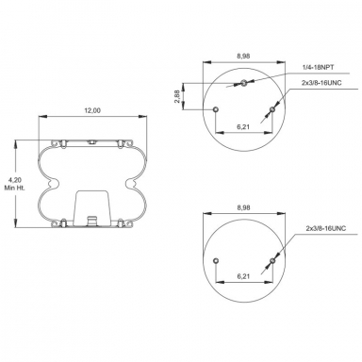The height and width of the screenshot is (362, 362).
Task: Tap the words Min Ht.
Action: (x=11, y=189)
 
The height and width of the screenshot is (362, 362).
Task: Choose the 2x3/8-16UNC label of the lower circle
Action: (x=325, y=229)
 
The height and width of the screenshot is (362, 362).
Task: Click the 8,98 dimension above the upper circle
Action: (x=243, y=57)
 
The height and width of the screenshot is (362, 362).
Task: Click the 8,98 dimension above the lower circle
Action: (x=243, y=208)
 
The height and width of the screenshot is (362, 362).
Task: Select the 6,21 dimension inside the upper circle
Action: (x=243, y=125)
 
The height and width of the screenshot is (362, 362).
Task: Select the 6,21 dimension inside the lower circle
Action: (x=243, y=276)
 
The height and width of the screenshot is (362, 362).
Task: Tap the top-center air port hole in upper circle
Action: (x=243, y=85)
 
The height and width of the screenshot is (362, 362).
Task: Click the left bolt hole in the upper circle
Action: (x=216, y=109)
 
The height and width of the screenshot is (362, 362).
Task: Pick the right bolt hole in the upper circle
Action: (x=271, y=110)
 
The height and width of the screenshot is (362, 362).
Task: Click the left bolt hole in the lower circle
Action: (x=216, y=260)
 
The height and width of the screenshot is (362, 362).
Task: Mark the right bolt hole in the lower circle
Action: (x=271, y=260)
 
